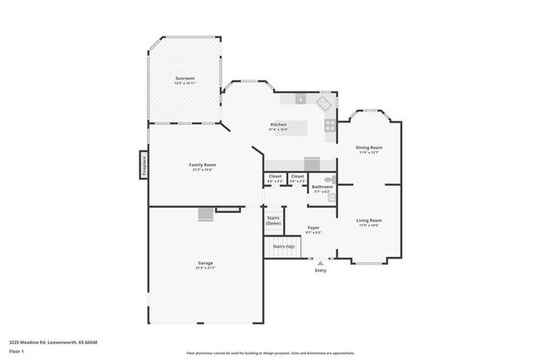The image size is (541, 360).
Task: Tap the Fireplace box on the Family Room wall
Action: pyautogui.click(x=144, y=164)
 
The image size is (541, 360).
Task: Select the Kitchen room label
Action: pyautogui.click(x=278, y=124)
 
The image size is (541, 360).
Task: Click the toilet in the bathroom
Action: pyautogui.click(x=330, y=179)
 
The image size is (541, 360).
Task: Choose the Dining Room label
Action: pyautogui.click(x=369, y=148)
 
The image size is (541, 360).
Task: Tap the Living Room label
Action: pyautogui.click(x=369, y=221)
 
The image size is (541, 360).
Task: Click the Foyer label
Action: pyautogui.click(x=313, y=228)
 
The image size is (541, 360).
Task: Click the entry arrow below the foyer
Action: pyautogui.click(x=320, y=263)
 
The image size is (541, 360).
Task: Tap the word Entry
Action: pyautogui.click(x=320, y=270)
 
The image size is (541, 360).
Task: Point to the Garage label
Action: pyautogui.click(x=205, y=263)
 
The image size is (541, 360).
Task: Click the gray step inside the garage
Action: pyautogui.click(x=205, y=215)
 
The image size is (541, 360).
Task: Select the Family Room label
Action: pyautogui.click(x=202, y=165)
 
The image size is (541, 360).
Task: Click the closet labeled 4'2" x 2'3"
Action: pyautogui.click(x=276, y=177)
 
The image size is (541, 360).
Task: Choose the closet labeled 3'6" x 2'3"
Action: pyautogui.click(x=298, y=177)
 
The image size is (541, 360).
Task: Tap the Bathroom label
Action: pyautogui.click(x=322, y=187)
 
